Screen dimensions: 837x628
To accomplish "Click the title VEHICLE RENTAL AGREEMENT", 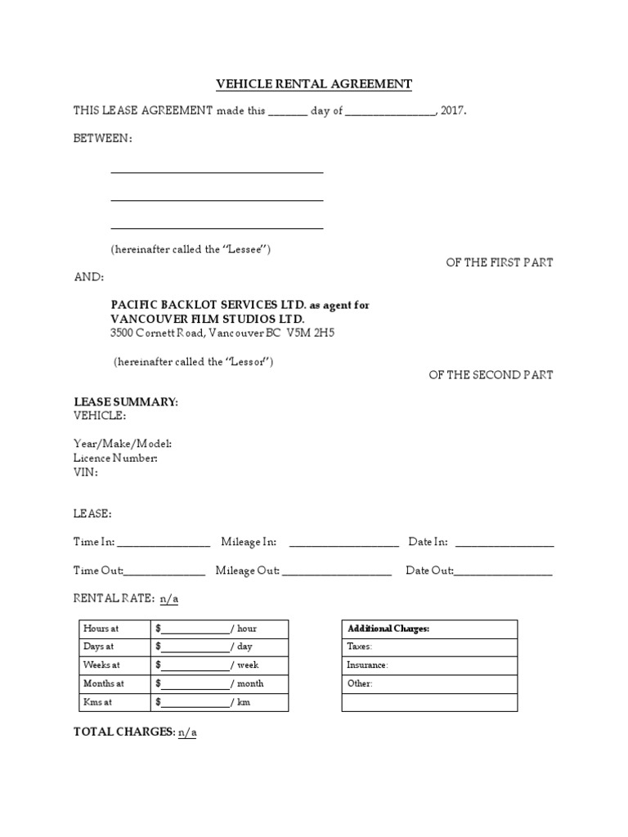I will [314, 84].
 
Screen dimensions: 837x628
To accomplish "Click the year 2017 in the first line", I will [452, 111].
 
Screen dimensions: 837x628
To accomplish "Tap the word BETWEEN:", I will [103, 138].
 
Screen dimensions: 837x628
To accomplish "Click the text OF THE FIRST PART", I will [499, 262].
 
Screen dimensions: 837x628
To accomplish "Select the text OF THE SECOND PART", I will [491, 374].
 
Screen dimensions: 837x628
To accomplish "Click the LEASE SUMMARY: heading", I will [126, 402].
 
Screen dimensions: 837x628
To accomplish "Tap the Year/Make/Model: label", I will [123, 444].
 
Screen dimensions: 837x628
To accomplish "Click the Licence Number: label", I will [116, 458].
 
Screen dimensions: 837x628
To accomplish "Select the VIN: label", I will [86, 472].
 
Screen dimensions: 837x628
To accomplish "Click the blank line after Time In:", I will [164, 543].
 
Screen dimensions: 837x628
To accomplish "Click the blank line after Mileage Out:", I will [337, 571].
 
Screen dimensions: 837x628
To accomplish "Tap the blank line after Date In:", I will [505, 543].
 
